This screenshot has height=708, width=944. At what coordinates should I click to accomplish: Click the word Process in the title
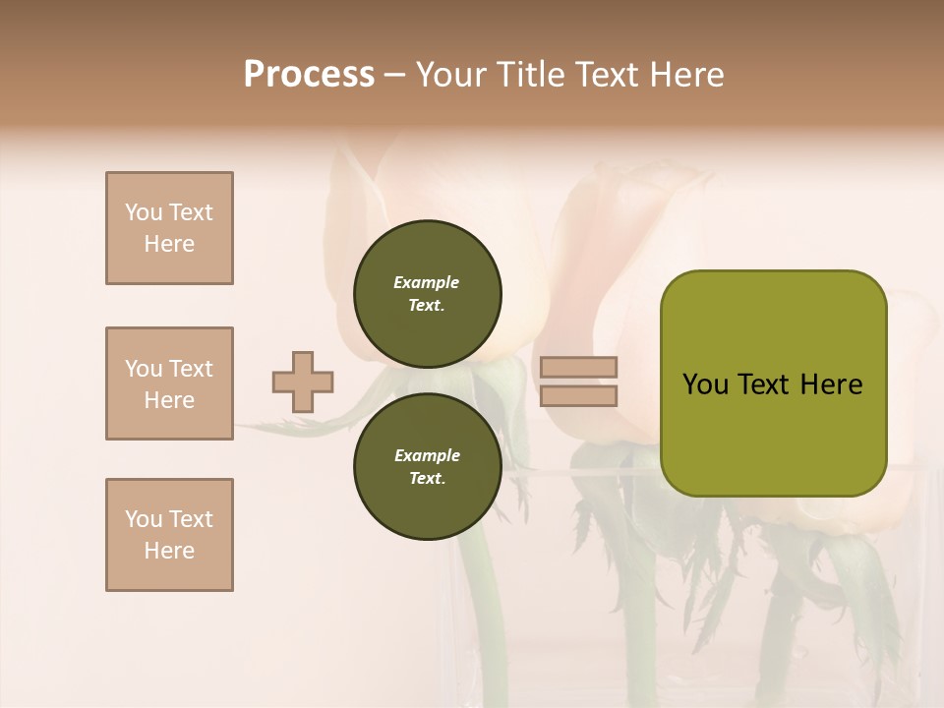(309, 75)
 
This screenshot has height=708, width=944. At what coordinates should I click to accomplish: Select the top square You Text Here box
(169, 228)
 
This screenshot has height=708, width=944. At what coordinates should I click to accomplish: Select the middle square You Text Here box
(169, 383)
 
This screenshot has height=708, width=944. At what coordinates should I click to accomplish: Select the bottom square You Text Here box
(169, 535)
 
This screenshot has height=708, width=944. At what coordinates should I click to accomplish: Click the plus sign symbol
(303, 383)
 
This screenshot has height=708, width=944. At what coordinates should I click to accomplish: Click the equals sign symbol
(579, 382)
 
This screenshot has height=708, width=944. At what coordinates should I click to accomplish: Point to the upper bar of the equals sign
(579, 368)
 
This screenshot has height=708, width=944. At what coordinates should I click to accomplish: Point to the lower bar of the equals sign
(579, 395)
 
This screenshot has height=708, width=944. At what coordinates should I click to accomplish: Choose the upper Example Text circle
(427, 294)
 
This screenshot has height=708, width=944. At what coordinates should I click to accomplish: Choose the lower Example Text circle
(427, 467)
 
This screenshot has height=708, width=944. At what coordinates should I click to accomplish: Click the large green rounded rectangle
(773, 383)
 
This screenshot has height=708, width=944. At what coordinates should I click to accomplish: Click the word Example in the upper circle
(427, 282)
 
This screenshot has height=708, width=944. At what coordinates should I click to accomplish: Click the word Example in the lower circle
(427, 455)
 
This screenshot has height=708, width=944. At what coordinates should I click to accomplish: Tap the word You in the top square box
(144, 212)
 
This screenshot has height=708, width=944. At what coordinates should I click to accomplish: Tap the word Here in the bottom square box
(169, 551)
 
